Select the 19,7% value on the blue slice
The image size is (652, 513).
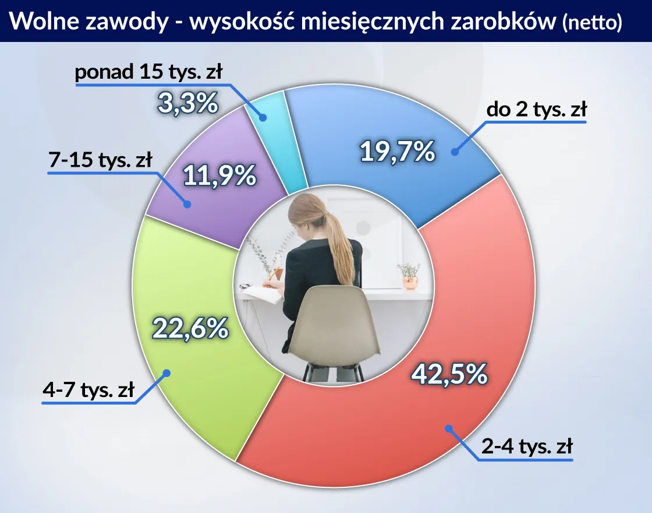[x=398, y=152]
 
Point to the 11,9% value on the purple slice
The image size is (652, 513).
[x=219, y=175]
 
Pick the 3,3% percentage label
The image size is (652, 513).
[x=187, y=104]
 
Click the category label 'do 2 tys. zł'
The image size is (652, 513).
[x=536, y=110]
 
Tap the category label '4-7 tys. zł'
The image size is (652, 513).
[x=88, y=389]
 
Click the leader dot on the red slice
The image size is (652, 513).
[x=448, y=428]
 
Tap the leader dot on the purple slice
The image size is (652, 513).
[x=187, y=204]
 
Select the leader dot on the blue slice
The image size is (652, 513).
[x=454, y=152]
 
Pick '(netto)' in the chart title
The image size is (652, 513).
[x=592, y=23]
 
